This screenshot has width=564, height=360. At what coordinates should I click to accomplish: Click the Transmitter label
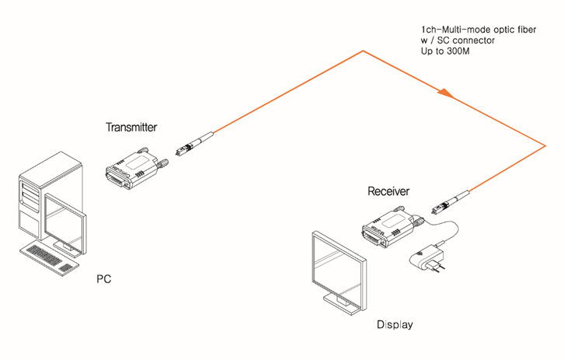pos(131,126)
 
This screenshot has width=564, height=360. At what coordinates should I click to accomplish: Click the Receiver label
pos(388,190)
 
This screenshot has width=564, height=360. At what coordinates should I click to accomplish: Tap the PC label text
pos(104,278)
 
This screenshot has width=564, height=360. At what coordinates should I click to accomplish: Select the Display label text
pos(395,324)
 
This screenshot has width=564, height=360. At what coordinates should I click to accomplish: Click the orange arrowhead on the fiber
pos(444,93)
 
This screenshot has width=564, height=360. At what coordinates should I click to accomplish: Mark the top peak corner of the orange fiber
pos(361,52)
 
